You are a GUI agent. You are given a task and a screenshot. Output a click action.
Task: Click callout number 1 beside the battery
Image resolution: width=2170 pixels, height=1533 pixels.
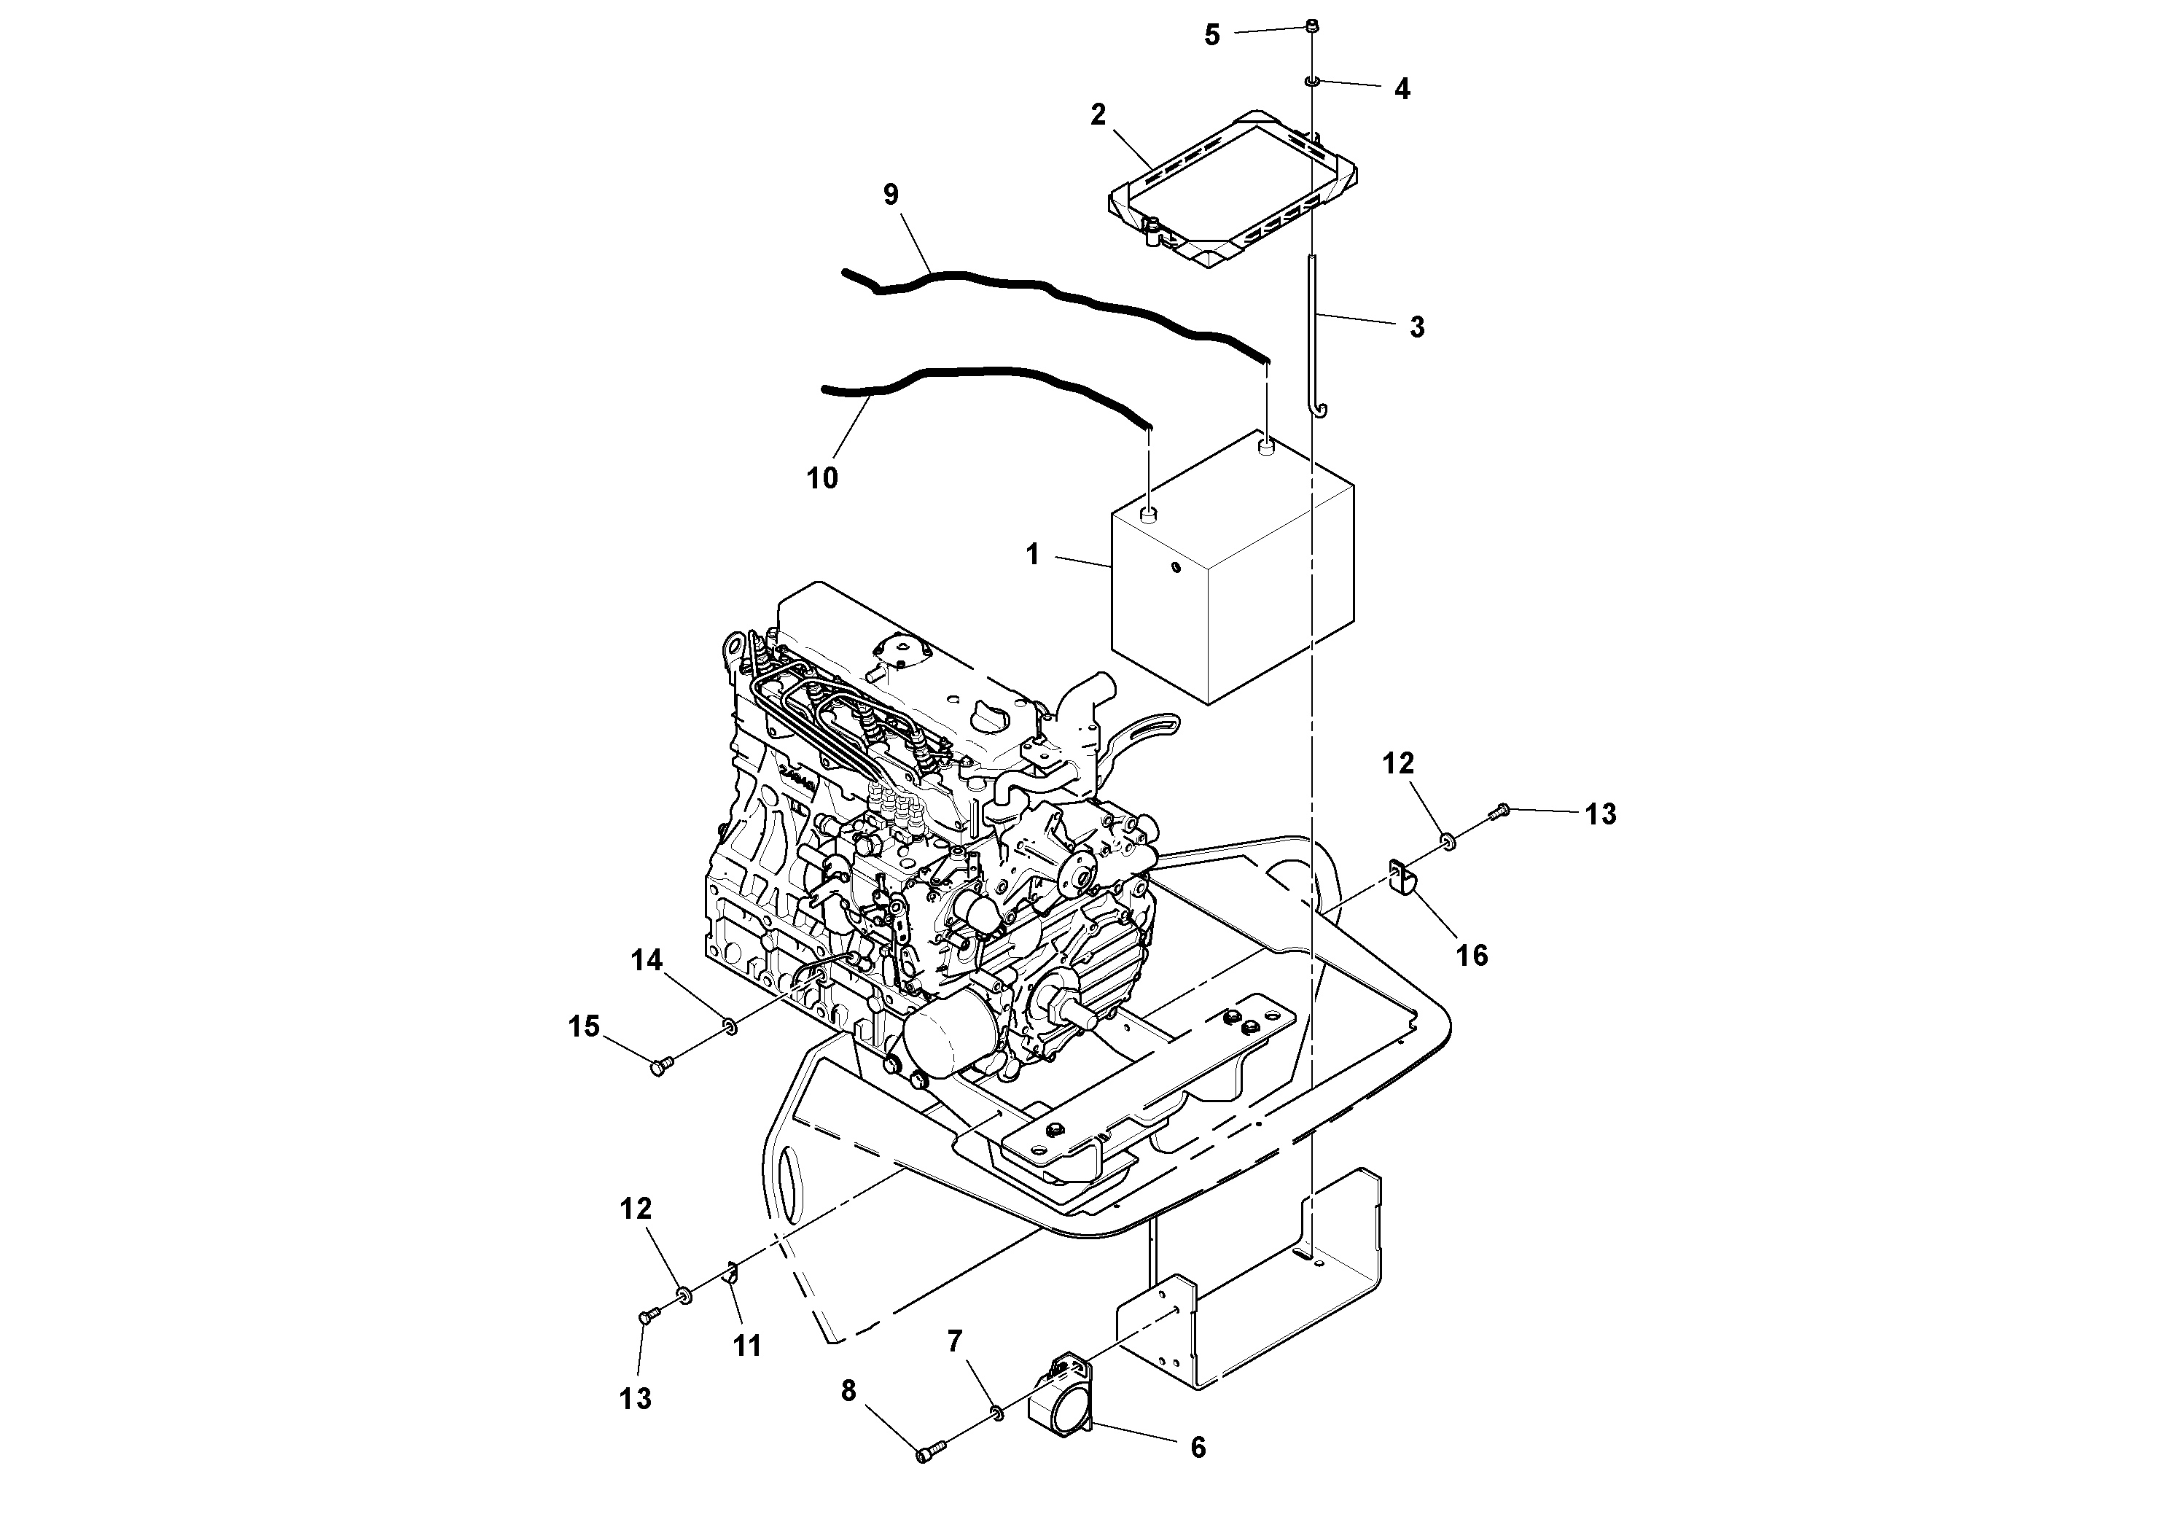click(x=1032, y=555)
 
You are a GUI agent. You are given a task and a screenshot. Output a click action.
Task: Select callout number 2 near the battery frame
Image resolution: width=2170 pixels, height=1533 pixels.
click(x=1097, y=114)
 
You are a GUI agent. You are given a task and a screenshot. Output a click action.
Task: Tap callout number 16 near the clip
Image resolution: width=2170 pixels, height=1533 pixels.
click(x=1472, y=956)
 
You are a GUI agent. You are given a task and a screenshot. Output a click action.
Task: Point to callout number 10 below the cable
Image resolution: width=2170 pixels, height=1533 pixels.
click(x=821, y=478)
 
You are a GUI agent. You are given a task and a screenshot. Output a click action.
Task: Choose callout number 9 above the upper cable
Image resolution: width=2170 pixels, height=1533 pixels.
click(x=890, y=195)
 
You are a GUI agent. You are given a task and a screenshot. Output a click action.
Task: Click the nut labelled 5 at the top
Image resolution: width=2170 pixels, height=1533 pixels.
click(x=1312, y=26)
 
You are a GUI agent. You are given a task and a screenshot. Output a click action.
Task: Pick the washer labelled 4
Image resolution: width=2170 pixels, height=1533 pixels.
click(x=1313, y=82)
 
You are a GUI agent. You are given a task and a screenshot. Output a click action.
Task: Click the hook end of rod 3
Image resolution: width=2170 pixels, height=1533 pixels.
click(x=1319, y=408)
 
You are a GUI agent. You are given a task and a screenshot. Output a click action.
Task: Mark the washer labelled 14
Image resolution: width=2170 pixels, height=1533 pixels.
click(x=729, y=1024)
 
